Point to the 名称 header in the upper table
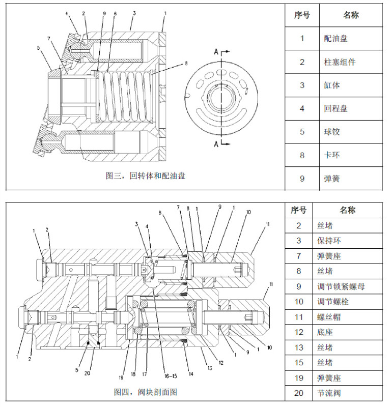(351, 15)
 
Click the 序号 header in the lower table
(299, 210)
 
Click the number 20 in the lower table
(299, 393)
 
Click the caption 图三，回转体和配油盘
(146, 176)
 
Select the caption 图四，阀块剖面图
(146, 392)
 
